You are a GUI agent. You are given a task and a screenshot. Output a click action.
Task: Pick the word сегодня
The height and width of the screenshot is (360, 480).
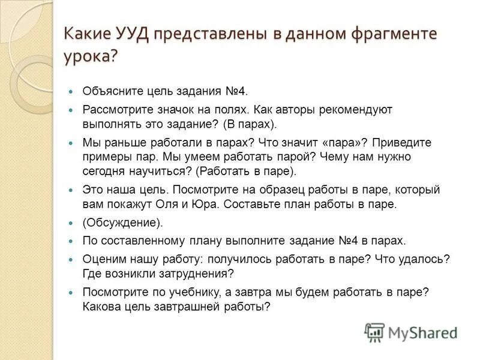(x=105, y=171)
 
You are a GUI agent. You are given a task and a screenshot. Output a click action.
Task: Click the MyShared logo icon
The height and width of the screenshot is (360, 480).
(x=374, y=332)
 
